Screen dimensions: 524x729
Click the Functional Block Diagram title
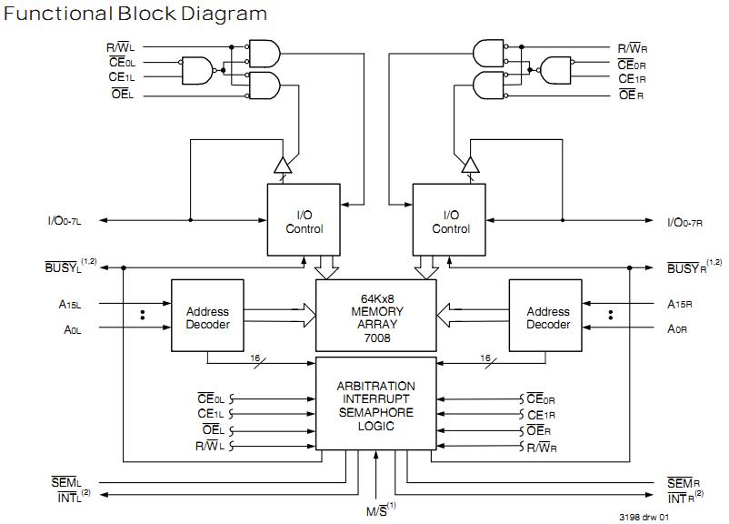136,14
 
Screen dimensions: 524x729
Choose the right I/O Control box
451,221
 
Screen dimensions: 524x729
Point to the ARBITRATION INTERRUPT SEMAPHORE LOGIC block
375,406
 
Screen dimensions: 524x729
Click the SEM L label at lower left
66,481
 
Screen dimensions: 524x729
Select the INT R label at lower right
684,496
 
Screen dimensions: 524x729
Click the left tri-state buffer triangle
283,165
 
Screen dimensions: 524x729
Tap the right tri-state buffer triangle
469,165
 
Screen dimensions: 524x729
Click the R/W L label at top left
121,46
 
